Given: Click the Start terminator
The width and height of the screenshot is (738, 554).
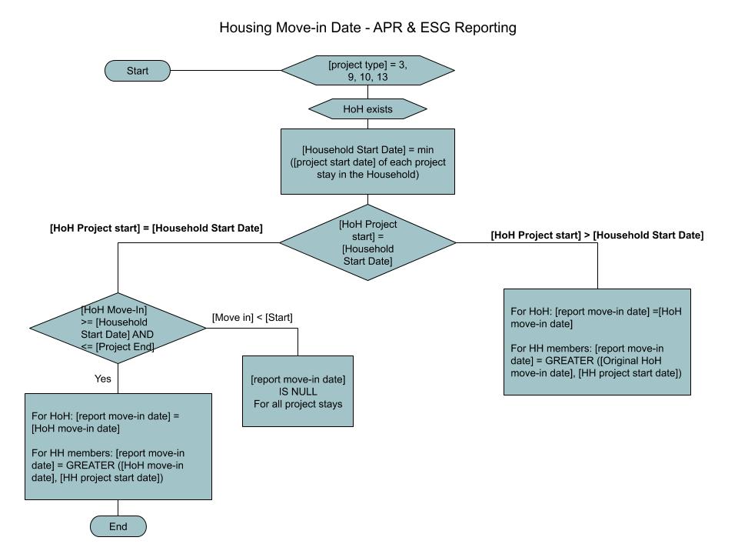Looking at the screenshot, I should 138,71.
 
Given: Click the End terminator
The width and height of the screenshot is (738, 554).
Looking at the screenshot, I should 118,526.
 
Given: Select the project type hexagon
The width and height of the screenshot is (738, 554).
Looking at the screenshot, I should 367,71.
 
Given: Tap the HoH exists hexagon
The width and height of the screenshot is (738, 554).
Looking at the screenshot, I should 367,109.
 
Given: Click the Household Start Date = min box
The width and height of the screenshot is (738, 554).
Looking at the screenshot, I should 367,162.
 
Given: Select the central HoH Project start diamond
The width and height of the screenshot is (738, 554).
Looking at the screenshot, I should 367,242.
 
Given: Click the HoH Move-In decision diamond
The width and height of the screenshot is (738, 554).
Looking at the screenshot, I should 118,328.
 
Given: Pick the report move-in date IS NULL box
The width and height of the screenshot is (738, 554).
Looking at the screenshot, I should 298,391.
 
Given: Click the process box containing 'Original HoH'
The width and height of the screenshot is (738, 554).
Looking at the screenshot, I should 597,342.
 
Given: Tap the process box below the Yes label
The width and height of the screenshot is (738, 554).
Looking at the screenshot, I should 118,446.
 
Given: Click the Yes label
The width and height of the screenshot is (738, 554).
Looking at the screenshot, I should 102,379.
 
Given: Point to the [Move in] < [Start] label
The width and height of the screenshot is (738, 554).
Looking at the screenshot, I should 252,318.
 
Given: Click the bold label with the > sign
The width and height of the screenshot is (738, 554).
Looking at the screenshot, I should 597,235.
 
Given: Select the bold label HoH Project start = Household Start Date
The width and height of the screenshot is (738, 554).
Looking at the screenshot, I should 156,228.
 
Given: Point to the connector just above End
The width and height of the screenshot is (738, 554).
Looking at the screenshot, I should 118,508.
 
